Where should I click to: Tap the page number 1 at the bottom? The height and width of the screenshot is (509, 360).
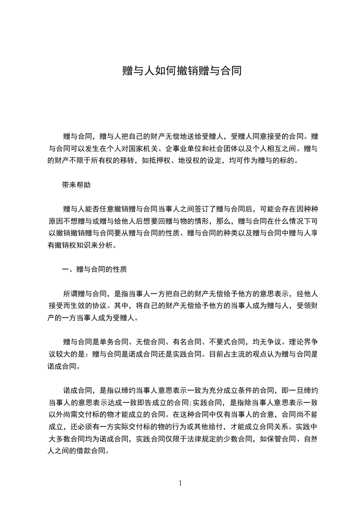click(x=180, y=483)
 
